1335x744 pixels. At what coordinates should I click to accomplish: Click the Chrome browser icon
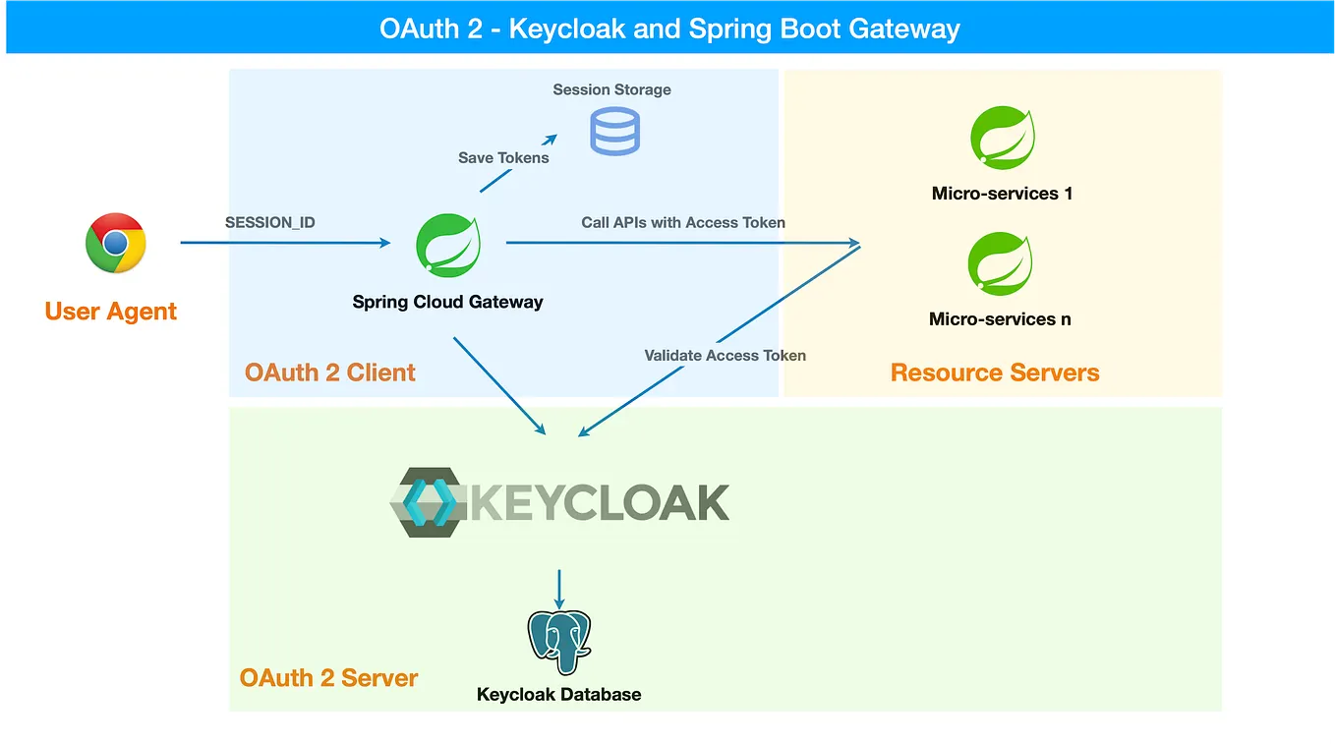(116, 243)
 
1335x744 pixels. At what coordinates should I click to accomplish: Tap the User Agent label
(111, 312)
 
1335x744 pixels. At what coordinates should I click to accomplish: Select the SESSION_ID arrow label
(270, 222)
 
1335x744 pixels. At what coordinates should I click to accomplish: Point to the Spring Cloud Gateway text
(447, 303)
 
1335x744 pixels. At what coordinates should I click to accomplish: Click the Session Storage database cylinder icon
(614, 132)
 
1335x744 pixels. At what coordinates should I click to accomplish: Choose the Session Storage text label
(611, 89)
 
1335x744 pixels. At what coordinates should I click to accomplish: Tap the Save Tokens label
(503, 157)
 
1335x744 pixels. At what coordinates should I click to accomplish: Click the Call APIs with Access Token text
(683, 222)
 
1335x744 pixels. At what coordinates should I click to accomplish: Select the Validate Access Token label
(725, 355)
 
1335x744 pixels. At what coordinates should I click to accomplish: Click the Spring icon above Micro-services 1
(1002, 138)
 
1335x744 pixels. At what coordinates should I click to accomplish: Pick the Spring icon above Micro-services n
(1000, 264)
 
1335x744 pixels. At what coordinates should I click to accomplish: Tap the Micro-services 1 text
(1002, 194)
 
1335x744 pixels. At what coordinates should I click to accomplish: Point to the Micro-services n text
(1000, 319)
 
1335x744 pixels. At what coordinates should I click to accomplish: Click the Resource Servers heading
(995, 372)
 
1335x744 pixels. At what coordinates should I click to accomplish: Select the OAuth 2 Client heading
(330, 372)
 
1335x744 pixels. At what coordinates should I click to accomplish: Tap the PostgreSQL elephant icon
(558, 642)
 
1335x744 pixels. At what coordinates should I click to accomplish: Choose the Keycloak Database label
(558, 694)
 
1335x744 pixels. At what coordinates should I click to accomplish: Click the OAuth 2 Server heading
(329, 678)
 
